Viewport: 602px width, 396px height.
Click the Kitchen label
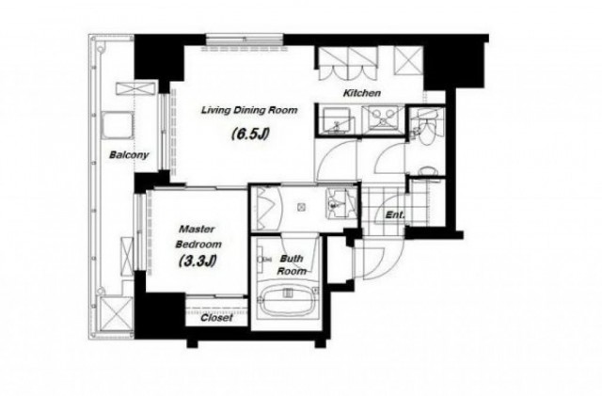click(361, 93)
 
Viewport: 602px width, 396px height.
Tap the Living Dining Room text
click(249, 110)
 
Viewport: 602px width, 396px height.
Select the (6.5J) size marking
click(250, 135)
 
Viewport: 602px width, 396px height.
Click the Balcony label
click(129, 155)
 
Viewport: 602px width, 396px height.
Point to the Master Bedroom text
click(198, 237)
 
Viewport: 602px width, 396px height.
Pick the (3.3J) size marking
click(198, 261)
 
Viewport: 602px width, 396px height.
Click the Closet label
click(216, 318)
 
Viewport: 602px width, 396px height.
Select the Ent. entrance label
click(395, 215)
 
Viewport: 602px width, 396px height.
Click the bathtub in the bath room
click(288, 301)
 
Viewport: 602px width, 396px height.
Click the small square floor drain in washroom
click(301, 208)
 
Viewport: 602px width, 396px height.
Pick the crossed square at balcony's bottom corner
click(116, 313)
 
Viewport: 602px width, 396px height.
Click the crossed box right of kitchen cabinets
click(408, 59)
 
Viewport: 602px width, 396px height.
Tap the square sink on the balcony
click(118, 126)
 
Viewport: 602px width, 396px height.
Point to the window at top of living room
click(245, 40)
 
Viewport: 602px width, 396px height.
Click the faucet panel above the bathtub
click(288, 293)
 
